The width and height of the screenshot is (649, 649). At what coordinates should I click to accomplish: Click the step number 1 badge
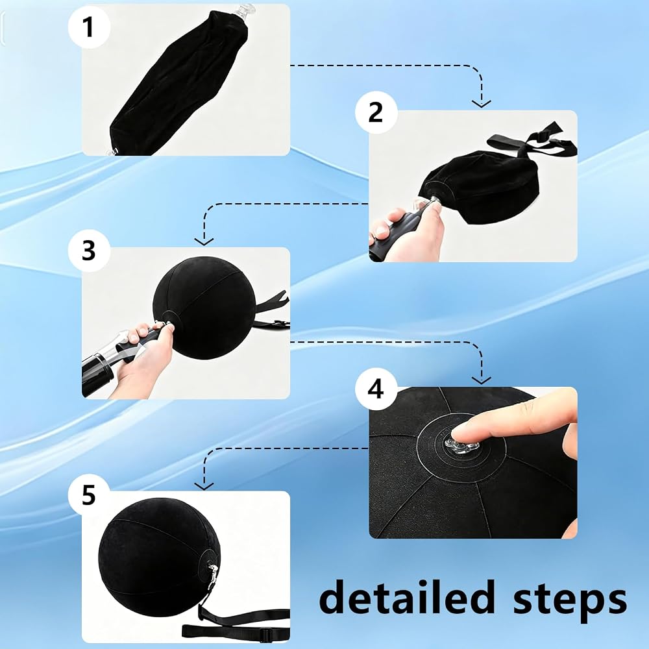(89, 27)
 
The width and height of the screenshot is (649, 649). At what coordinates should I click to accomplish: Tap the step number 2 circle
(376, 112)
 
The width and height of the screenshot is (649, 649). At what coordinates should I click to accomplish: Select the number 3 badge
(89, 251)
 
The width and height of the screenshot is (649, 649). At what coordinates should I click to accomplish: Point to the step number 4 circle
(376, 389)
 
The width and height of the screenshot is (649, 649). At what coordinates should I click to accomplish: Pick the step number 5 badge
(89, 495)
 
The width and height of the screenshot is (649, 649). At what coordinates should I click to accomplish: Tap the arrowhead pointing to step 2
(482, 103)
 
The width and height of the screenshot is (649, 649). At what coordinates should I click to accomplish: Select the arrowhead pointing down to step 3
(204, 241)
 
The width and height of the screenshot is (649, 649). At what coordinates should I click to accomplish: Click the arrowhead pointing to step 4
(482, 380)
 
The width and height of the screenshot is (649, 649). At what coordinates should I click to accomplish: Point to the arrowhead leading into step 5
(204, 485)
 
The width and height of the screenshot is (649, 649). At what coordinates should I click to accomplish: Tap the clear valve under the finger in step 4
(462, 446)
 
